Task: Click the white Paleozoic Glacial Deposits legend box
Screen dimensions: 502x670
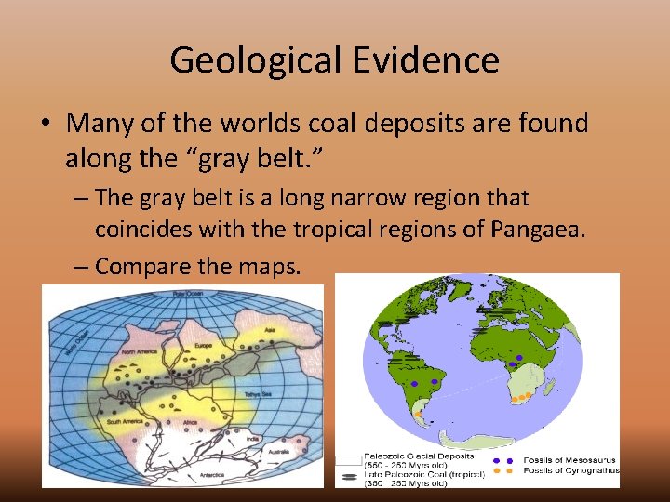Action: coord(348,459)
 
